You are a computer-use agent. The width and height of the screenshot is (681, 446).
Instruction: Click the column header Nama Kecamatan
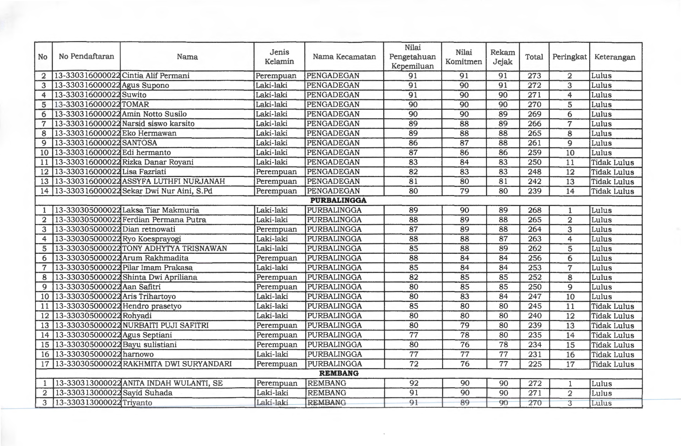point(344,57)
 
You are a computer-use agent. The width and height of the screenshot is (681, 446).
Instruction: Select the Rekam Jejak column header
point(502,57)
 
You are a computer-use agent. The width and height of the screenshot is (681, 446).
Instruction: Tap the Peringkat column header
point(569,57)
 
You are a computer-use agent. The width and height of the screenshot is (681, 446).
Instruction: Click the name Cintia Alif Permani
point(156,76)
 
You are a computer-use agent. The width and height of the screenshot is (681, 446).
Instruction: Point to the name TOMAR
point(135,104)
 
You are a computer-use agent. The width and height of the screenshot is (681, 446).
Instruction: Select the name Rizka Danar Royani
point(158,162)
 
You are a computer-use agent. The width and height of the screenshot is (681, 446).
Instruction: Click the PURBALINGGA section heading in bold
point(338,200)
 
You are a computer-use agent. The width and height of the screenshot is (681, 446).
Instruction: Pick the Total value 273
point(534,76)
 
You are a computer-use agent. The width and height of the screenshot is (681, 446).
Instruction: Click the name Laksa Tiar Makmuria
point(161,210)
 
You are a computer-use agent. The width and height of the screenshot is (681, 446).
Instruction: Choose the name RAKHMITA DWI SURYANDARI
point(177,364)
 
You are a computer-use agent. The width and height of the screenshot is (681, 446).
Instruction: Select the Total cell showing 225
point(535,364)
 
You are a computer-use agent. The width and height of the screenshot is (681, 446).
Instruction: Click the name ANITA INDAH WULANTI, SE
point(172,383)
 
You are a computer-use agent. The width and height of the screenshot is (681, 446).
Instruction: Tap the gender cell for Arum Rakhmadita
point(277,258)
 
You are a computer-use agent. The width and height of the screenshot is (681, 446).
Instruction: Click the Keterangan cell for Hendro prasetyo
point(613,307)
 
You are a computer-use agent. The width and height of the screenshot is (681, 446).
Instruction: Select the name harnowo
point(138,354)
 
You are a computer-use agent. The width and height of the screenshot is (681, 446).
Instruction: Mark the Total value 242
point(534,182)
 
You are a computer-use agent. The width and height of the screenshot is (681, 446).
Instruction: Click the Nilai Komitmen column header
point(464,57)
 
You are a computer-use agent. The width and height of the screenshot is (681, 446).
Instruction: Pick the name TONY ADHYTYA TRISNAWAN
point(174,248)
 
